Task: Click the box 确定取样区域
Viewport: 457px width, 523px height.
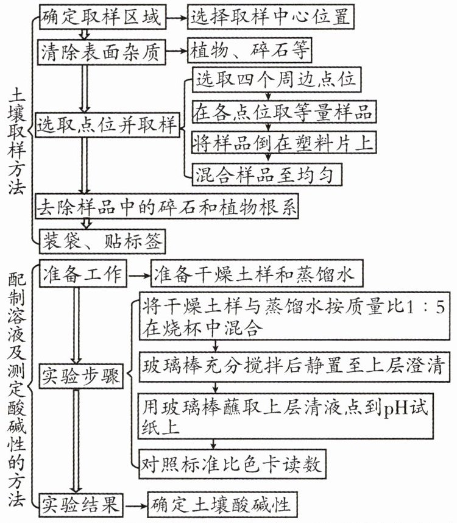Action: [102, 16]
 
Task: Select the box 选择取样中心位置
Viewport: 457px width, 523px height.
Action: [271, 16]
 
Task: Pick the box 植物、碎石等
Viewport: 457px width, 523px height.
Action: [250, 51]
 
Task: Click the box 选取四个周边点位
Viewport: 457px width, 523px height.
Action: [277, 80]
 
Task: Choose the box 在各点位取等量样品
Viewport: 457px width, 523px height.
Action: [284, 112]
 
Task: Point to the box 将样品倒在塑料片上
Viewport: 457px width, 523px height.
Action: [284, 143]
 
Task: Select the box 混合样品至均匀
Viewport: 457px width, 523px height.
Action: [267, 174]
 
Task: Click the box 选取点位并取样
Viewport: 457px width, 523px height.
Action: [107, 125]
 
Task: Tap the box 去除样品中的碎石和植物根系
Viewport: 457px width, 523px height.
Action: [167, 207]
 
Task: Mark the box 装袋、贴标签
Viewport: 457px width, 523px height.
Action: [102, 241]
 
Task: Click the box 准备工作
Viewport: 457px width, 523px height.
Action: [83, 274]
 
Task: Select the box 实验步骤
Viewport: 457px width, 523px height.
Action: [81, 376]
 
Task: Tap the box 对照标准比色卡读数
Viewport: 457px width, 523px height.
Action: [232, 464]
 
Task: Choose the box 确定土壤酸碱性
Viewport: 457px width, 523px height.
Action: [222, 505]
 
